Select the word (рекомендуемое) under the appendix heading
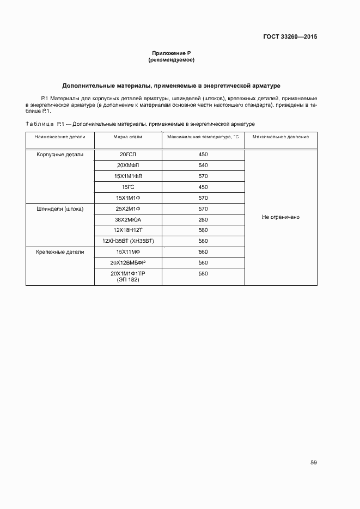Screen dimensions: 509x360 tap(171, 60)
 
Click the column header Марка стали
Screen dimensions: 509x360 tap(127, 137)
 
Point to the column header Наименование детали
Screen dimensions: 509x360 tap(60, 137)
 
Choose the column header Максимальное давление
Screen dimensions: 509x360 tap(280, 137)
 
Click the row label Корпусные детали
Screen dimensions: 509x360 tap(60, 155)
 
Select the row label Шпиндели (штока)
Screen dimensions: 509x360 tap(60, 208)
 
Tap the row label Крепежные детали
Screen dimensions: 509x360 tap(60, 252)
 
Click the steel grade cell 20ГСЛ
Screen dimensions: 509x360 tap(128, 155)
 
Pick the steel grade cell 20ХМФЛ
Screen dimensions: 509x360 tap(128, 165)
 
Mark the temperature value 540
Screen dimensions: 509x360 tap(203, 165)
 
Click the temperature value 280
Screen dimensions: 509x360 tap(203, 219)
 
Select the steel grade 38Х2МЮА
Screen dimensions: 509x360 tap(128, 219)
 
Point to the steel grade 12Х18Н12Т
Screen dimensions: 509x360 tap(128, 230)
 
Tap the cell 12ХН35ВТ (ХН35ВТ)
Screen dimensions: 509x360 tap(128, 241)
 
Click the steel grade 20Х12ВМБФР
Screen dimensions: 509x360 tap(128, 262)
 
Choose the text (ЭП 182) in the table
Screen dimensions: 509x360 tap(128, 279)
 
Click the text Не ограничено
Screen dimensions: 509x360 tap(280, 217)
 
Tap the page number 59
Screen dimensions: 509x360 tap(314, 463)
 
